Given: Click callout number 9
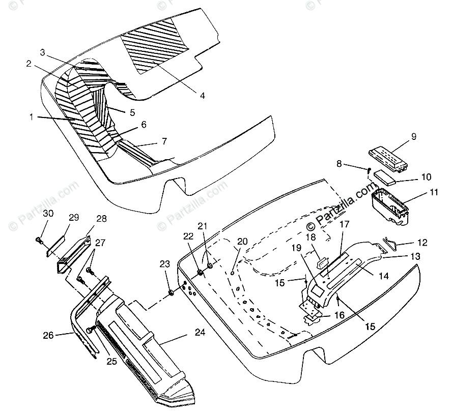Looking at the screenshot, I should pos(413,136).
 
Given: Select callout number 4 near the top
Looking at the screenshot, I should pos(202,95).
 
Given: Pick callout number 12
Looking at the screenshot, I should pos(421,243).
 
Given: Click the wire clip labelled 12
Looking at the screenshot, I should pos(391,243).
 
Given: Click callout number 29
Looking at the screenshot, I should pos(74,217).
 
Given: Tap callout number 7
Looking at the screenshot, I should pos(164,140).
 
